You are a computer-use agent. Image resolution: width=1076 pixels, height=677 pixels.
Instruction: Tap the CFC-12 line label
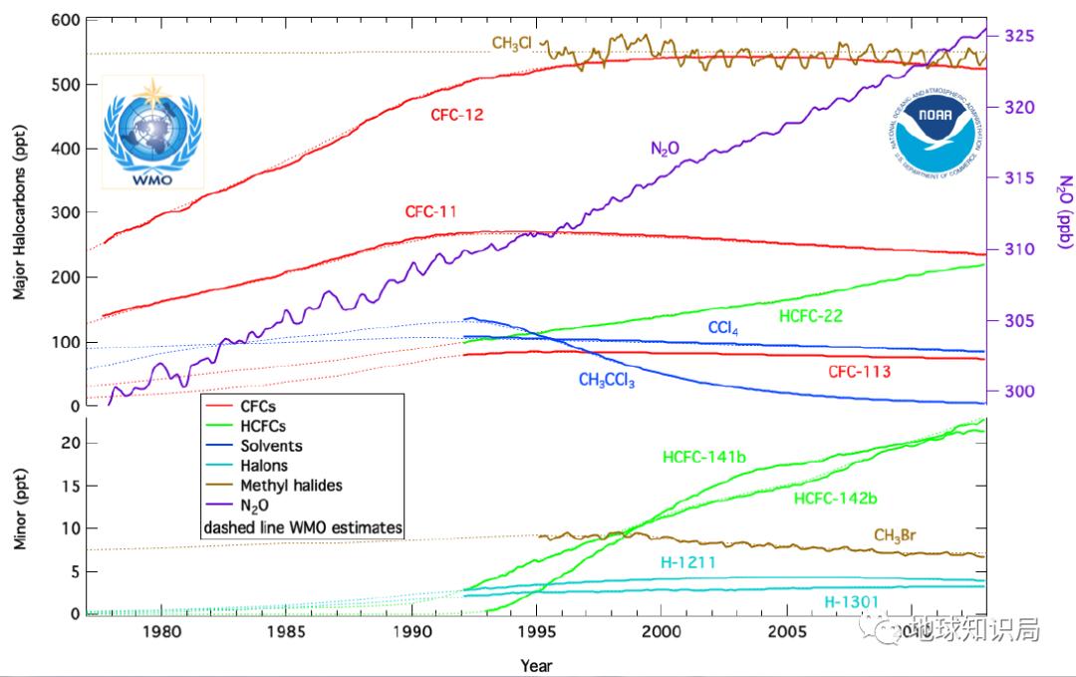coord(457,115)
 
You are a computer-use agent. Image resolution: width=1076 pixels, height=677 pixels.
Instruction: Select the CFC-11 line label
coord(431,212)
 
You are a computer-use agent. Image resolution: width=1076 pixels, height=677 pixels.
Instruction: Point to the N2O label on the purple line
coord(666,149)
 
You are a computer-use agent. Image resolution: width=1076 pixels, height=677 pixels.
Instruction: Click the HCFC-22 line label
coord(812,317)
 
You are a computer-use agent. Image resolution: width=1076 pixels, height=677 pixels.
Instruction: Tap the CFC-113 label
coord(859,372)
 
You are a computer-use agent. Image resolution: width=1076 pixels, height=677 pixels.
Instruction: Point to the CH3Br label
coord(895,536)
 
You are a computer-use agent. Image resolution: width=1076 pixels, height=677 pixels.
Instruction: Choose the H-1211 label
coord(689,562)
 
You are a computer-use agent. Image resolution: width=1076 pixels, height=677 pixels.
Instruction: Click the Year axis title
coord(536,664)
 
